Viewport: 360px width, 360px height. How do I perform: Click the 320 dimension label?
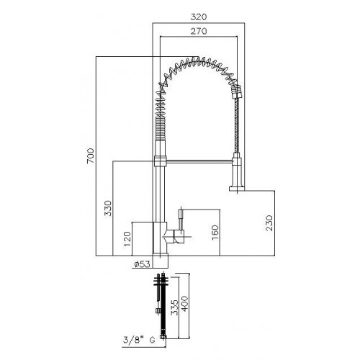(199, 17)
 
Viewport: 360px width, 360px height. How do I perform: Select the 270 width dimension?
(199, 31)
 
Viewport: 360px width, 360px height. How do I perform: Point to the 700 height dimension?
(91, 156)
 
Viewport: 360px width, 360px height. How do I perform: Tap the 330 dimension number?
(108, 208)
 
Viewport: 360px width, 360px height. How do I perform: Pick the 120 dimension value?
(127, 238)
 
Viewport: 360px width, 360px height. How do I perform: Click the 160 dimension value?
(215, 233)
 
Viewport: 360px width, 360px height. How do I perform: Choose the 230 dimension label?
(269, 222)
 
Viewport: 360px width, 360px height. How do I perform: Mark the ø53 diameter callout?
(142, 264)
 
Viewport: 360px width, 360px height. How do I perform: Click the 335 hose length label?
(175, 307)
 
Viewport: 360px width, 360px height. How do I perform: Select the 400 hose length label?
(184, 304)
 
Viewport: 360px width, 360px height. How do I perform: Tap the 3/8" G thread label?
(139, 340)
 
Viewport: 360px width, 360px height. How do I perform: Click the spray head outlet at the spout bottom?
(237, 189)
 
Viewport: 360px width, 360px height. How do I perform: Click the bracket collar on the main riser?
(160, 161)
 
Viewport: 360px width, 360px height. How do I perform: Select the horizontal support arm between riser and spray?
(199, 161)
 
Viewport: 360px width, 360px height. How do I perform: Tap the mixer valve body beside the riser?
(176, 236)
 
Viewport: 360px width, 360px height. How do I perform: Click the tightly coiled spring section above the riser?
(160, 128)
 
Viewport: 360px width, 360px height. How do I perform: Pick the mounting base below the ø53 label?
(160, 261)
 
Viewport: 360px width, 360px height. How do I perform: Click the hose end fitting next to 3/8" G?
(163, 336)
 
